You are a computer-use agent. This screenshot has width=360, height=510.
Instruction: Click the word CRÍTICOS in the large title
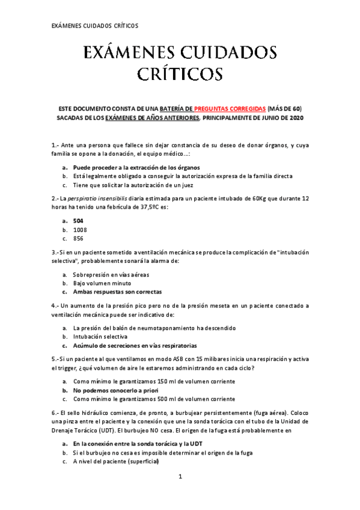pyautogui.click(x=180, y=74)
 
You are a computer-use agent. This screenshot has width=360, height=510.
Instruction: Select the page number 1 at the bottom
pyautogui.click(x=180, y=477)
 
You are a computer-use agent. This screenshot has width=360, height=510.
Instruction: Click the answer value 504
pyautogui.click(x=78, y=221)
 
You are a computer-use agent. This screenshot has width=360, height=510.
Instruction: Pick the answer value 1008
pyautogui.click(x=79, y=230)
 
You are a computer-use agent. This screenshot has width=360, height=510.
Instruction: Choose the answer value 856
pyautogui.click(x=78, y=238)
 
